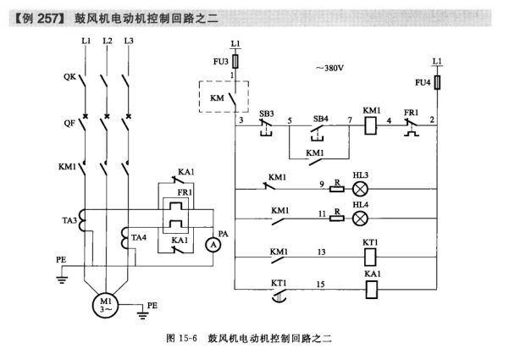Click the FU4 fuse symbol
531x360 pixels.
point(435,83)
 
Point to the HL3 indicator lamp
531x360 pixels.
point(360,186)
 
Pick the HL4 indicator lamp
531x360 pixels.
point(360,218)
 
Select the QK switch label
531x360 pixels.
point(69,76)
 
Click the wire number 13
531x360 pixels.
point(321,252)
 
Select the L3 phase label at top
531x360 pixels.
point(128,41)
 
